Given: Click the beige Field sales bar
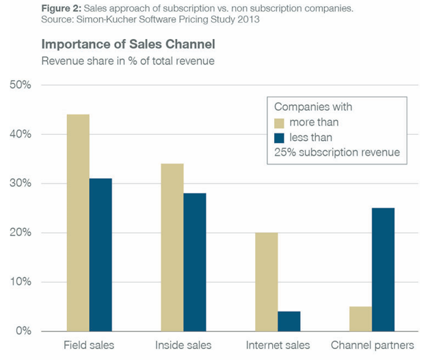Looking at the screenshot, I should pyautogui.click(x=78, y=222).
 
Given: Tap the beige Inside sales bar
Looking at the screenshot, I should pyautogui.click(x=172, y=247).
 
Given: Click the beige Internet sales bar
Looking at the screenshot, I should pyautogui.click(x=266, y=281).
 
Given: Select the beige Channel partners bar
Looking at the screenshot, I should pyautogui.click(x=360, y=318).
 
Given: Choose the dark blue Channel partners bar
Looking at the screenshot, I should pyautogui.click(x=383, y=270).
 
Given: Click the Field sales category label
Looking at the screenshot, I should pyautogui.click(x=89, y=346).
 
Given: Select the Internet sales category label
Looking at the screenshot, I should pyautogui.click(x=278, y=346).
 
